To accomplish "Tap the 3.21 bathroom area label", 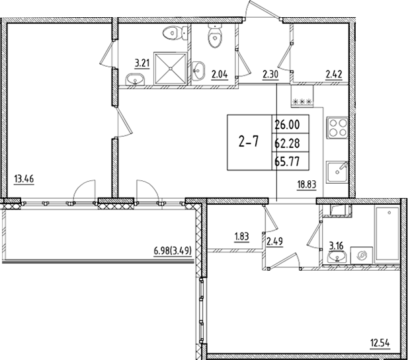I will coord(141,63).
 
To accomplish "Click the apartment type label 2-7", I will coord(249,142).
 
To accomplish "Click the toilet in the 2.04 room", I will coord(214,38).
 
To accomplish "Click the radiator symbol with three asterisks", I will coord(302,100).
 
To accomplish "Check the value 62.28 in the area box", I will coord(286,141).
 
